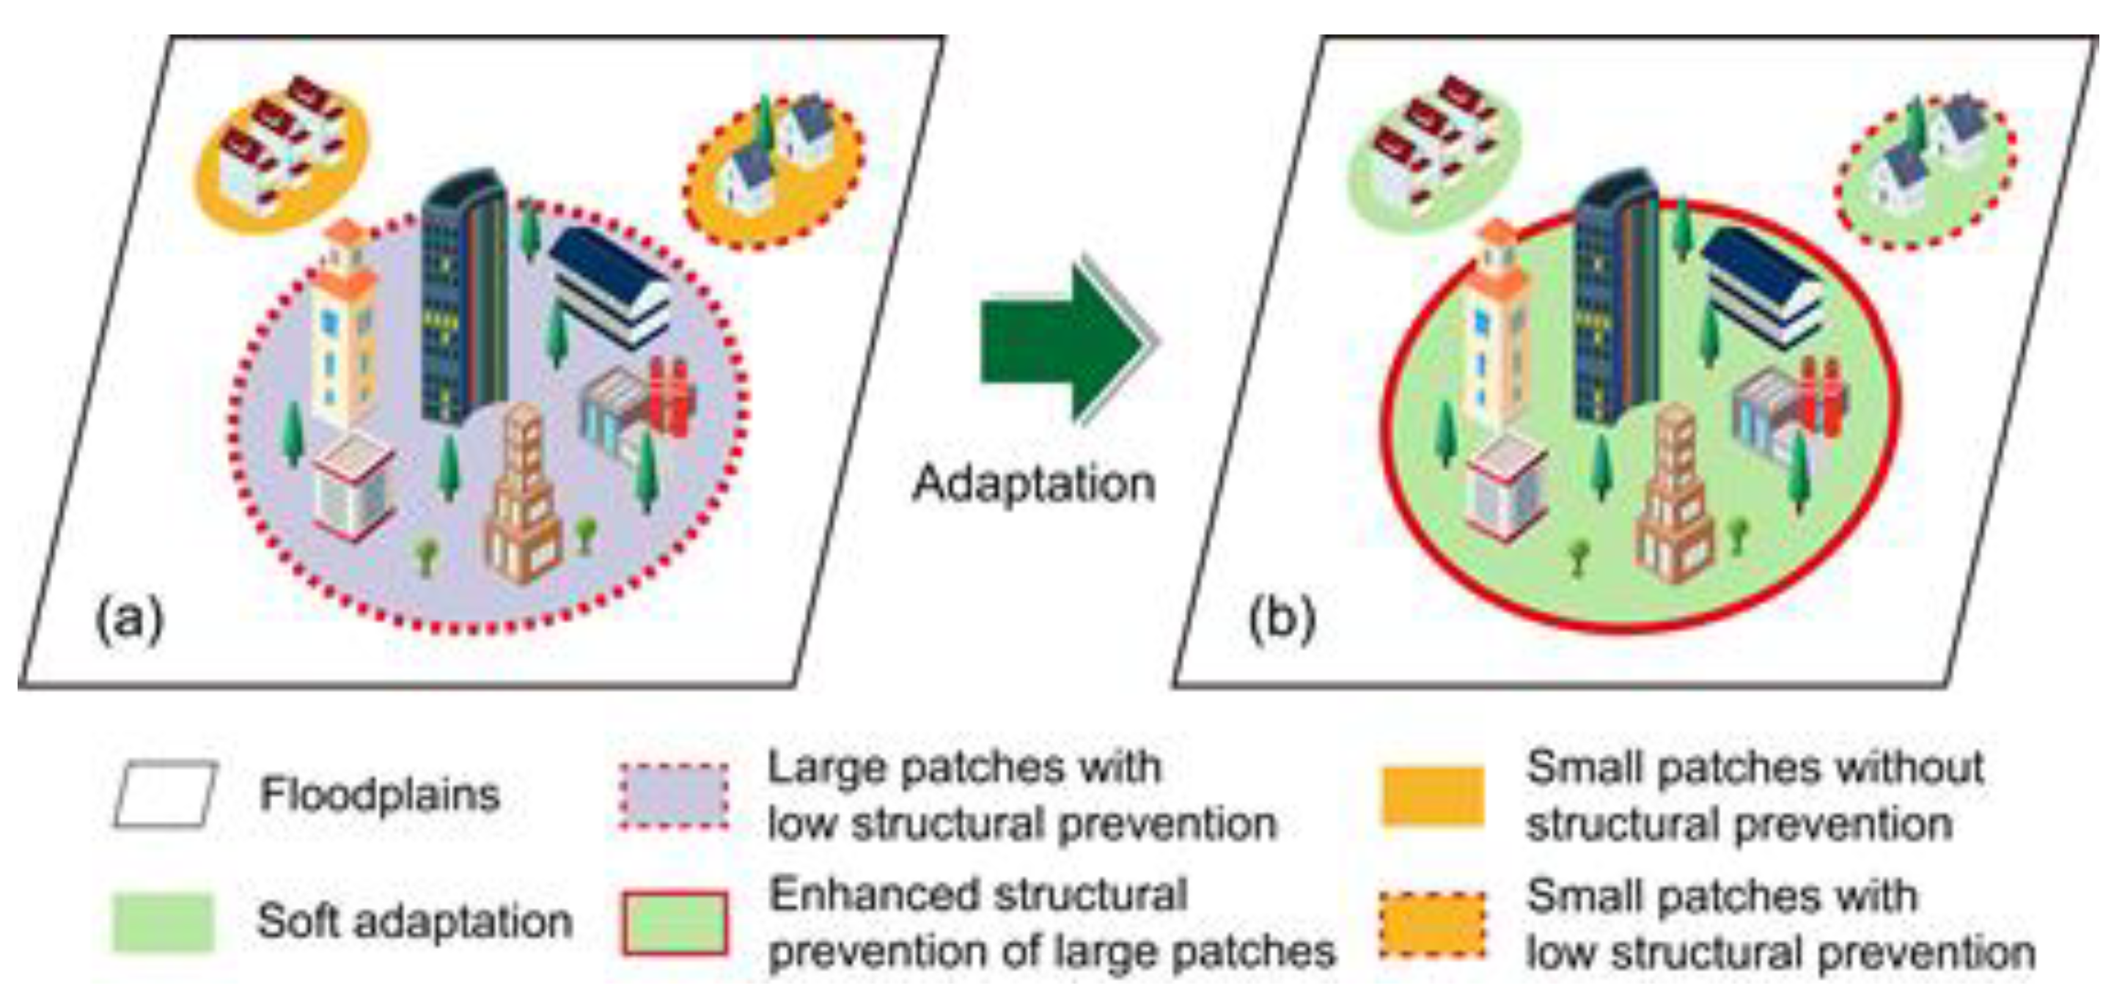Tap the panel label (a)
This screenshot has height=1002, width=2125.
(130, 619)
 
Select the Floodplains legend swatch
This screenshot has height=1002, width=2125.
(166, 794)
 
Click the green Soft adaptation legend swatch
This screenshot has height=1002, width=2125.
(164, 922)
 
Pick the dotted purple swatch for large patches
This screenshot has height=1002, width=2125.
(674, 796)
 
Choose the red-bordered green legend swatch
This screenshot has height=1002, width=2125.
(674, 923)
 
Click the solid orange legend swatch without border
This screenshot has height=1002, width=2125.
(1432, 796)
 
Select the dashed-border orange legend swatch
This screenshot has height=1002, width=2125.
(1432, 924)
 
